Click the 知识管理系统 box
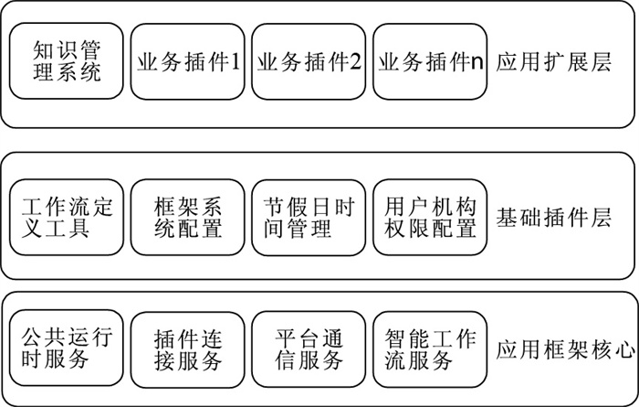tap(66, 61)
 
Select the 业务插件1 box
tap(187, 61)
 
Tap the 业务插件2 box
tap(309, 61)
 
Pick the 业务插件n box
tap(430, 61)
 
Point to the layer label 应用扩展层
tap(553, 63)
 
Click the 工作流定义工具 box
tap(66, 217)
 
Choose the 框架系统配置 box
tap(187, 217)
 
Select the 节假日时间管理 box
tap(309, 217)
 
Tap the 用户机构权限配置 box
tap(430, 217)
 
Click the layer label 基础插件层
tap(553, 217)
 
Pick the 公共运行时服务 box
tap(66, 348)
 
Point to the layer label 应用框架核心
tap(565, 350)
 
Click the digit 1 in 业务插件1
tap(236, 62)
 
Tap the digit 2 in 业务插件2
tap(355, 62)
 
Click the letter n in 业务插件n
tap(477, 64)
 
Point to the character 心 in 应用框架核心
tap(624, 350)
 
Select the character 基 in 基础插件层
tap(507, 217)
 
